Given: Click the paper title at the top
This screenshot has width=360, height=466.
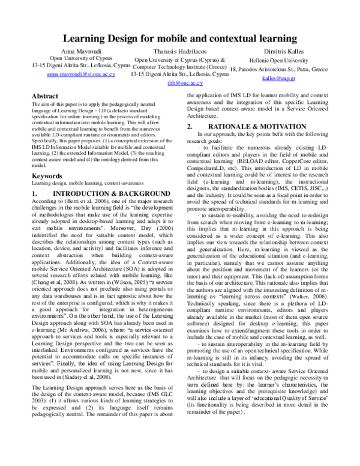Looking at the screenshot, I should tap(180, 39).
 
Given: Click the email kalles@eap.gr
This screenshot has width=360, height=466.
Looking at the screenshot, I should tap(278, 77).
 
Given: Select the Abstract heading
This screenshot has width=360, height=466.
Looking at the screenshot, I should tap(45, 96).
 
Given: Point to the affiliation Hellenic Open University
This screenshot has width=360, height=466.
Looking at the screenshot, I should tap(278, 61).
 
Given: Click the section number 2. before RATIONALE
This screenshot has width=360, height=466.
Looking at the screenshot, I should tap(190, 127).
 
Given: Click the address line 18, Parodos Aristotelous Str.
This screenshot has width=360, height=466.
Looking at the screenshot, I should tap(278, 69).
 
